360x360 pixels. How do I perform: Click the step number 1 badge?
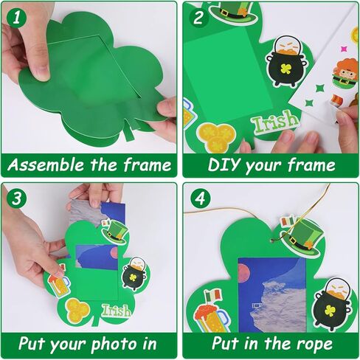point(16,16)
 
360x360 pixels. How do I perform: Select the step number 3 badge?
point(16,198)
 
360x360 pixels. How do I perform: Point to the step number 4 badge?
point(198,198)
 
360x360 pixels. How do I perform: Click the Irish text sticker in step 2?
point(274,120)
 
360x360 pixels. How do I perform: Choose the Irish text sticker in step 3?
point(117,310)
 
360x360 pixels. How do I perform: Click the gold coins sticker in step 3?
point(78,310)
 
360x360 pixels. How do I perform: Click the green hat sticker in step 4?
point(300,235)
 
